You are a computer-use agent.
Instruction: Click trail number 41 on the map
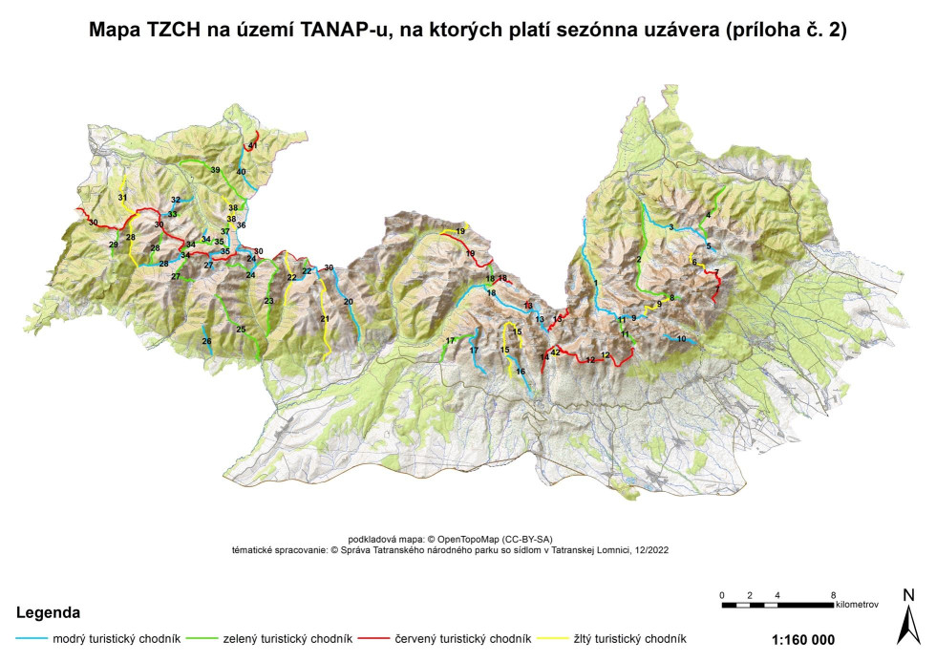[x=252, y=145]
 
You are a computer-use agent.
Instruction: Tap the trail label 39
[x=215, y=170]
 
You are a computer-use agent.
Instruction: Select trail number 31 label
[x=122, y=197]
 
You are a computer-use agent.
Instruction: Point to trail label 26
[x=206, y=341]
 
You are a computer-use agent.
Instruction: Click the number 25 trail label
[x=241, y=330]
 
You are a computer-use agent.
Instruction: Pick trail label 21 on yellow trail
[x=325, y=319]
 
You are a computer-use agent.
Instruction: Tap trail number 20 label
[x=348, y=301]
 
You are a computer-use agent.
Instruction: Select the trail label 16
[x=520, y=371]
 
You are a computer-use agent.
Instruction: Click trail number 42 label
[x=555, y=352]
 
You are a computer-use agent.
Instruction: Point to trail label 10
[x=681, y=339]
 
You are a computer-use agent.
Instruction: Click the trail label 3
[x=671, y=227]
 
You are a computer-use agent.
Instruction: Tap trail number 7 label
[x=716, y=273]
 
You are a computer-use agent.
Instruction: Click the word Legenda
[x=47, y=611]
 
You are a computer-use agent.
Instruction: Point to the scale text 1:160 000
[x=802, y=639]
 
